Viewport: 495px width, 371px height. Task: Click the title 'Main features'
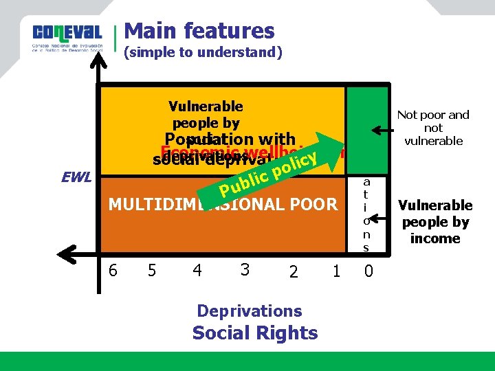point(199,31)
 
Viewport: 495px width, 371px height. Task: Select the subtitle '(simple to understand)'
point(202,53)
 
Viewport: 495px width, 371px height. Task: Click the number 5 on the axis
point(153,270)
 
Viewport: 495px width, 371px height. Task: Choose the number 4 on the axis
point(197,270)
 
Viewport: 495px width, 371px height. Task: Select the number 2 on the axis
point(293,273)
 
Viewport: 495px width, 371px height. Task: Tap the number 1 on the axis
point(336,271)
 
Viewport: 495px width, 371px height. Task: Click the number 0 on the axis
point(368,272)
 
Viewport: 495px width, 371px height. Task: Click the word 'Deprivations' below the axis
point(250,311)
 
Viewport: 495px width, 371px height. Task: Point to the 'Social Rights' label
point(255,333)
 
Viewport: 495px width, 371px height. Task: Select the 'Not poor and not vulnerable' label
point(433,128)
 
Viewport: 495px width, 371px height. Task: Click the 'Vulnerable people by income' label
point(435,222)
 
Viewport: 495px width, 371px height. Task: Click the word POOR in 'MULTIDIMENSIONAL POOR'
point(314,204)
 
